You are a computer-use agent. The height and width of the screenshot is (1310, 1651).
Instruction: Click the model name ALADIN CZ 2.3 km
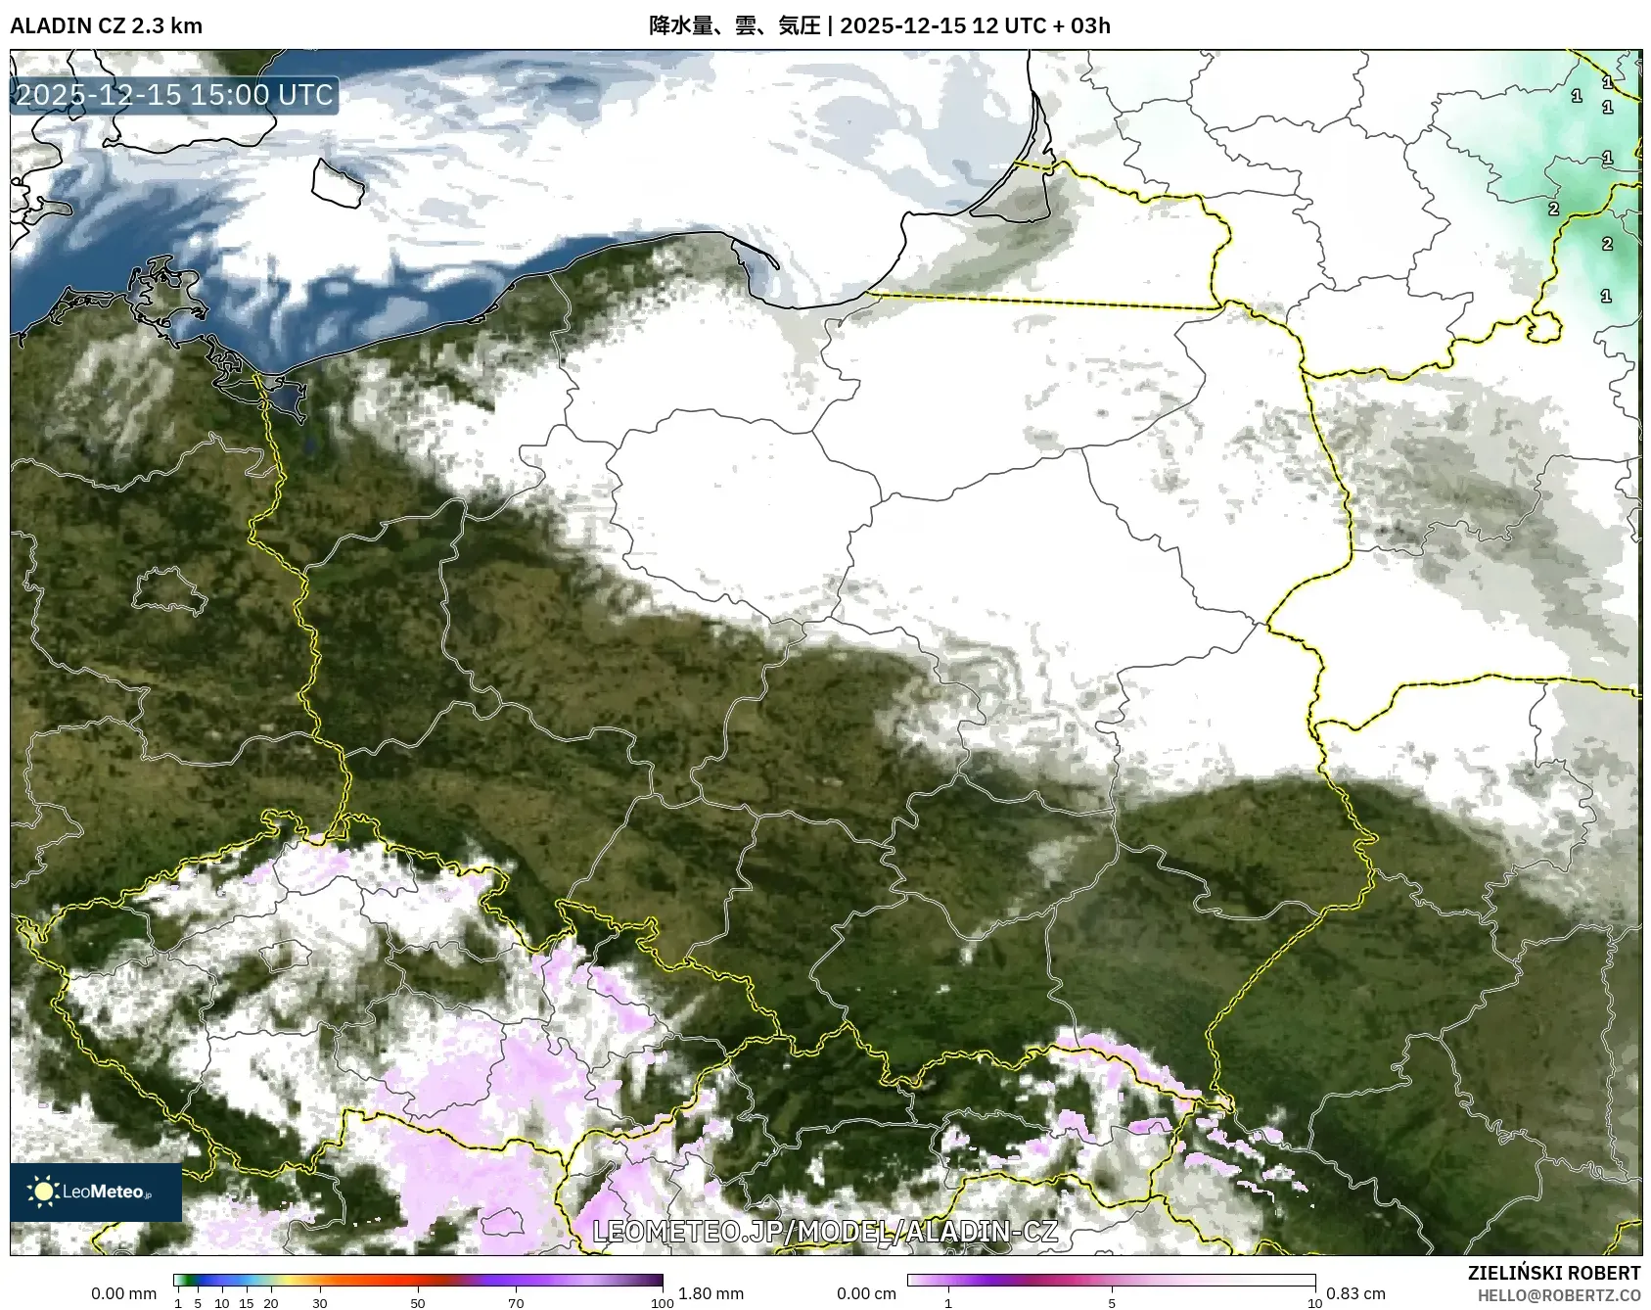coord(106,25)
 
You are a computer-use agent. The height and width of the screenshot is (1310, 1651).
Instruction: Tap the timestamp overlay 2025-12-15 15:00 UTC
coord(174,95)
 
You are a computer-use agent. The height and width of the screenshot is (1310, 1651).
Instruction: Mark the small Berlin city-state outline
coord(169,589)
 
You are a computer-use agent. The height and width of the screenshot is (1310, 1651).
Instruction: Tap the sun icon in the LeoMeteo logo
coord(44,1192)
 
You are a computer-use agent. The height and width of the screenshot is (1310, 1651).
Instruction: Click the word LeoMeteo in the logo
coord(104,1192)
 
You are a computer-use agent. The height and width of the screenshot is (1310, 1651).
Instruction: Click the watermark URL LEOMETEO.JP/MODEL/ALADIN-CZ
coord(825,1231)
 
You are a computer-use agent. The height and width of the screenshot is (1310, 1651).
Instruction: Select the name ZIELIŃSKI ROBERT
coord(1554,1273)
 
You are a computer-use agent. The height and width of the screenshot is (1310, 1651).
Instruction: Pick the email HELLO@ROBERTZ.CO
coord(1558,1295)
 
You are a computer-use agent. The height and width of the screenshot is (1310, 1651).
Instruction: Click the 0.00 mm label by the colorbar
coord(123,1293)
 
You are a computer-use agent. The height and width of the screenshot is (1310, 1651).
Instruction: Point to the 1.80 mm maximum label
coord(711,1293)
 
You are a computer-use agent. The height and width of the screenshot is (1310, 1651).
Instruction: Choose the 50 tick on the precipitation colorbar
coord(418,1303)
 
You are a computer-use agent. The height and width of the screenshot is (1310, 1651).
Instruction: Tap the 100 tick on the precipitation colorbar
coord(663,1303)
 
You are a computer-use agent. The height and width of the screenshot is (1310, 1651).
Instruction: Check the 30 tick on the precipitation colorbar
coord(320,1303)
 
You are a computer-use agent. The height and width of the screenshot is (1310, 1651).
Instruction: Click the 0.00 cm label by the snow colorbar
coord(866,1293)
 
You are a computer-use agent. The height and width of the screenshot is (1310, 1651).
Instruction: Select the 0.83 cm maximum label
coord(1355,1293)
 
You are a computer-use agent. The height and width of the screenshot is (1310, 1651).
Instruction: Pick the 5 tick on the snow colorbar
coord(1112,1303)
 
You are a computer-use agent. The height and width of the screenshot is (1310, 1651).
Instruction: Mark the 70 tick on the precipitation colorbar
coord(516,1303)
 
